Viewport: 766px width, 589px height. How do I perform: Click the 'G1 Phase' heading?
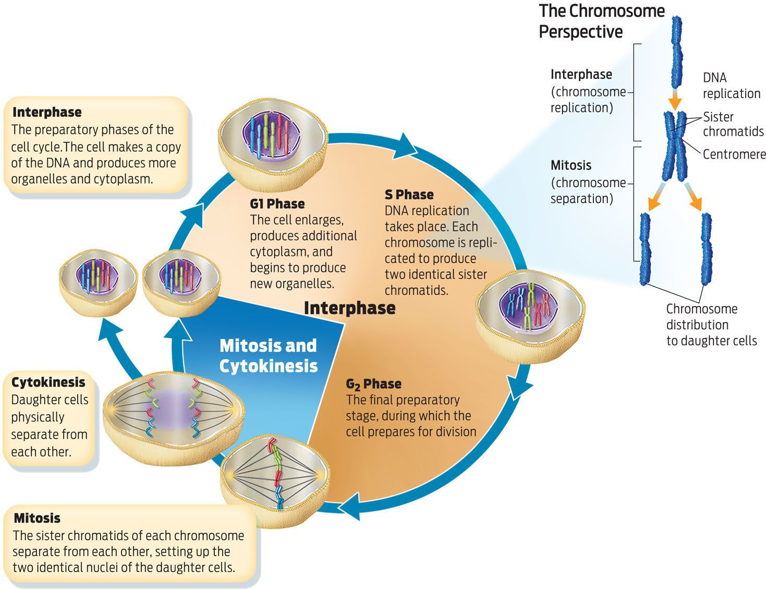(277, 203)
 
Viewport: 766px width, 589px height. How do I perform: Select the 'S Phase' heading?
(409, 195)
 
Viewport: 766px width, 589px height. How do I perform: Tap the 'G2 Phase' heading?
(373, 384)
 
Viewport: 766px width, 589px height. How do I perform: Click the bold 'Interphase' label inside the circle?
(349, 308)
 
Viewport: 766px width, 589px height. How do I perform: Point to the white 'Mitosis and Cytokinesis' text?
(268, 356)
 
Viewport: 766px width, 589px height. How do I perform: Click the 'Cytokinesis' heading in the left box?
(48, 382)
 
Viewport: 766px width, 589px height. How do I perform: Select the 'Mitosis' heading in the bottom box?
(37, 518)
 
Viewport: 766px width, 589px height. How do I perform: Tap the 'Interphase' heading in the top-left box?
(47, 112)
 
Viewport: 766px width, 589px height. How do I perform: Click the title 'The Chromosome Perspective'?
(601, 21)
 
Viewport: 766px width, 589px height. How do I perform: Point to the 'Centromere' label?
(734, 154)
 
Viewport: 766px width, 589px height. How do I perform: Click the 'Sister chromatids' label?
(733, 124)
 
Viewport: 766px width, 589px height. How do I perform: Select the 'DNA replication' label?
(731, 86)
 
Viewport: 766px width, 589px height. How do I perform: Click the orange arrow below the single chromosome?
(675, 99)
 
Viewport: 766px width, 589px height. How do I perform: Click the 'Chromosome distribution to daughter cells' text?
(711, 324)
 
